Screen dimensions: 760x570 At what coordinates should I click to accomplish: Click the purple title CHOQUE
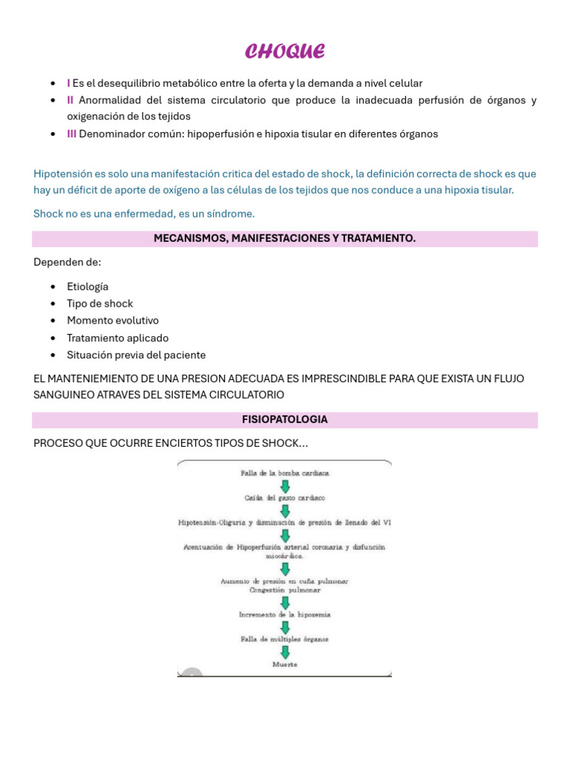(x=285, y=51)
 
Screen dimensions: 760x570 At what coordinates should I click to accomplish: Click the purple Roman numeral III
(x=72, y=134)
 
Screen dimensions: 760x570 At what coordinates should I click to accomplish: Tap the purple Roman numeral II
(x=71, y=100)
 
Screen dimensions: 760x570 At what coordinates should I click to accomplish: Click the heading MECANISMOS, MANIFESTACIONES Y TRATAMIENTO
(x=284, y=238)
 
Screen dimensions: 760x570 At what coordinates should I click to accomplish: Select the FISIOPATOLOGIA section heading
(x=284, y=419)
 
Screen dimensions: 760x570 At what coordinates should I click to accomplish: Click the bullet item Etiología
(x=88, y=286)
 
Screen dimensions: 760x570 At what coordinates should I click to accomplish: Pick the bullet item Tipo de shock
(x=99, y=304)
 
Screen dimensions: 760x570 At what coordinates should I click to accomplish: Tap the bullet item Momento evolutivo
(x=112, y=321)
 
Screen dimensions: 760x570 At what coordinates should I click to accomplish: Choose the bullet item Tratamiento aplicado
(x=117, y=338)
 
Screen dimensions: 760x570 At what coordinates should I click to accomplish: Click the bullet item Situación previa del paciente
(x=136, y=355)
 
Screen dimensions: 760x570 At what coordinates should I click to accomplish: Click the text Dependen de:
(x=68, y=262)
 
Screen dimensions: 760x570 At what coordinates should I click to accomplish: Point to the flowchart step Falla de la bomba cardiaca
(x=285, y=473)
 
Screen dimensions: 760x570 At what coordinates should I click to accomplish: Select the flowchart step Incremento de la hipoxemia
(x=285, y=615)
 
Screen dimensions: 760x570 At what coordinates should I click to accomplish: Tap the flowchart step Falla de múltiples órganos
(x=285, y=639)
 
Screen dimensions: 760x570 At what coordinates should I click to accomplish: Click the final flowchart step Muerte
(x=285, y=664)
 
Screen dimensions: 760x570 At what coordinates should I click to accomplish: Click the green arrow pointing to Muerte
(x=285, y=652)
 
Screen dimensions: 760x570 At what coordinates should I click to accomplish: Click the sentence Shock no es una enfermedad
(x=144, y=214)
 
